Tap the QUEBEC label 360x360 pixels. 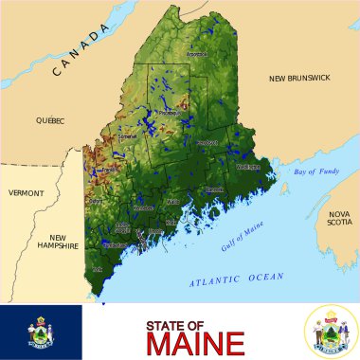[49, 120]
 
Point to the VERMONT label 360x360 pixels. [26, 192]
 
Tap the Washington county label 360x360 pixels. [247, 167]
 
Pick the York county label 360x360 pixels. [97, 269]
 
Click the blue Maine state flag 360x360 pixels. [41, 332]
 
